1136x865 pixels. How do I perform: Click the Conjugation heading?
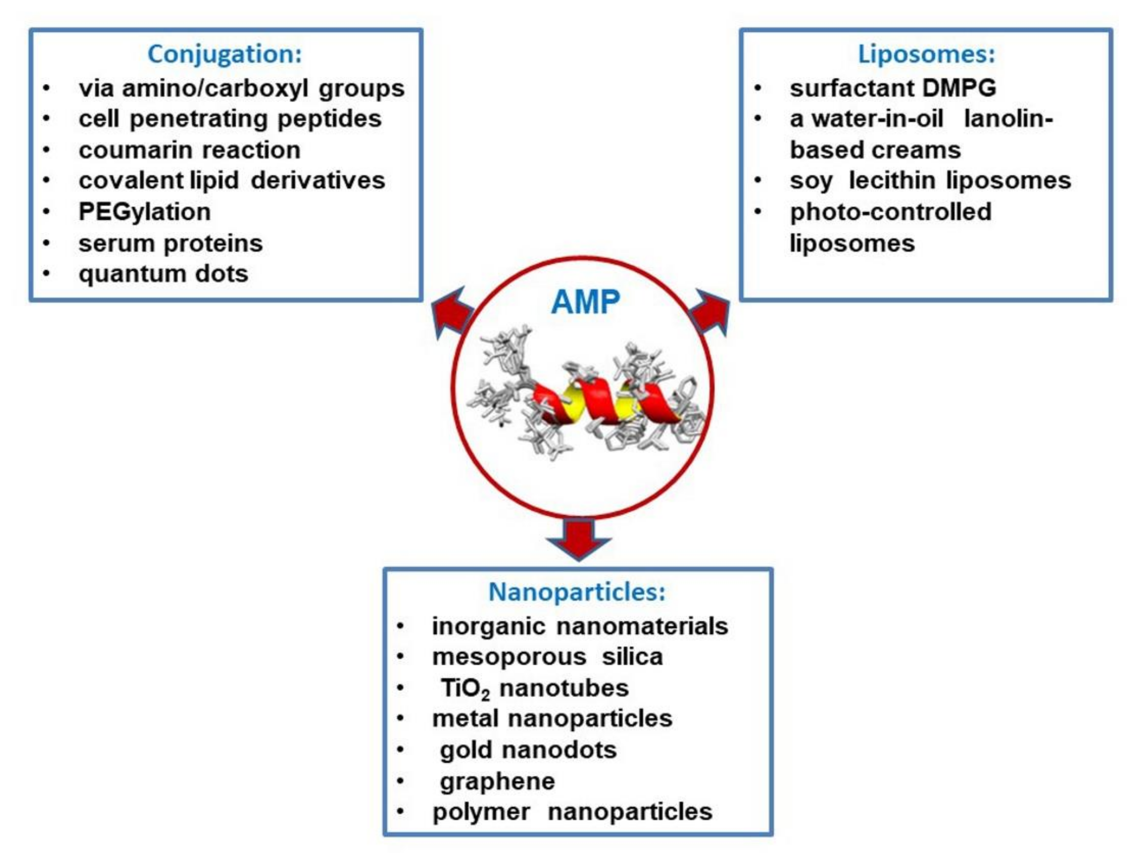pyautogui.click(x=225, y=54)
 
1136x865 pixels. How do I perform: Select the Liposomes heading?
pyautogui.click(x=926, y=54)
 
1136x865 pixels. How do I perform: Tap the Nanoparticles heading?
pyautogui.click(x=577, y=592)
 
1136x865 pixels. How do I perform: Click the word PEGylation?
pyautogui.click(x=144, y=212)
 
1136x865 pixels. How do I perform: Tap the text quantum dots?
pyautogui.click(x=163, y=274)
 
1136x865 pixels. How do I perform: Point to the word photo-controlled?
pyautogui.click(x=890, y=212)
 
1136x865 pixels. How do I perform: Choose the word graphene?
pyautogui.click(x=497, y=781)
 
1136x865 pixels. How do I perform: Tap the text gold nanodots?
pyautogui.click(x=528, y=750)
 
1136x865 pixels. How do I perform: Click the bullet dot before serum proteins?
pyautogui.click(x=46, y=243)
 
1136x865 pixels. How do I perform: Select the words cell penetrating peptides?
pyautogui.click(x=230, y=119)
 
